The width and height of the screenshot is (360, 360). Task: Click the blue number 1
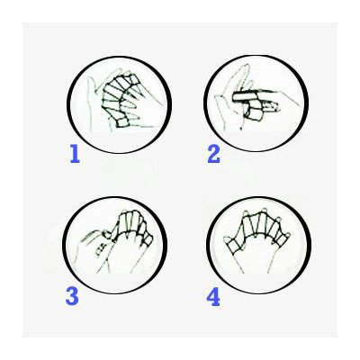(75, 154)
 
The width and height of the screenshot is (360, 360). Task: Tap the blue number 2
(214, 154)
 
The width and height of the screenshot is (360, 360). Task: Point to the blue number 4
(213, 295)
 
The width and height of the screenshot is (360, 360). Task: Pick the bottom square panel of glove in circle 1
(122, 122)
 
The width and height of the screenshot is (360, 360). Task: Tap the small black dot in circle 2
(241, 130)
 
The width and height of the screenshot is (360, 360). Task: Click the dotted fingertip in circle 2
(271, 106)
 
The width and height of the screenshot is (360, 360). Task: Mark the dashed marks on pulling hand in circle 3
(101, 249)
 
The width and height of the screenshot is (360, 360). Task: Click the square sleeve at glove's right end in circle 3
(148, 238)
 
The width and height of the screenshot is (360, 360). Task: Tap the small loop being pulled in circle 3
(106, 234)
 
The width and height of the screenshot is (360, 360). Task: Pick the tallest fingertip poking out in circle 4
(264, 210)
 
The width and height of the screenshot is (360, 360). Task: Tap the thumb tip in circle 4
(227, 240)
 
